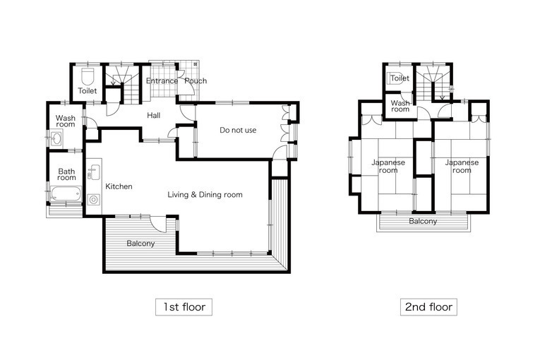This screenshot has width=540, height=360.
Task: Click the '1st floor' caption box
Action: click(184, 307)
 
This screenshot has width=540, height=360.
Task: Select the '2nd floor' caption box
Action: click(428, 307)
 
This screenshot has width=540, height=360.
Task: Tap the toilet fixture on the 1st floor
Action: click(88, 76)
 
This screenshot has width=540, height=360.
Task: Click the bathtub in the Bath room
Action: click(66, 194)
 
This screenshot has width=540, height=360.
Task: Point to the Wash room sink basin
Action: click(56, 139)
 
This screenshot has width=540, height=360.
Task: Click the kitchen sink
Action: click(93, 172)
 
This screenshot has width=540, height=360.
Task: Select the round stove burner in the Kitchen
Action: click(93, 200)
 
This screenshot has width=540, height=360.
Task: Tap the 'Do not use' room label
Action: click(238, 130)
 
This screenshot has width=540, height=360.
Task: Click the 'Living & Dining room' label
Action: click(205, 195)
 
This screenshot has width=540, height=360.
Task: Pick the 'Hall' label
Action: click(154, 115)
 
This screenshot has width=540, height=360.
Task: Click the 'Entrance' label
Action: click(162, 81)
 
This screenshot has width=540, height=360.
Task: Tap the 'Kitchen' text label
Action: click(119, 186)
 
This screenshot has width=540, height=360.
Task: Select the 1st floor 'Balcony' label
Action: click(140, 244)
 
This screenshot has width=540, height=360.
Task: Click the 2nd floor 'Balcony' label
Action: click(423, 221)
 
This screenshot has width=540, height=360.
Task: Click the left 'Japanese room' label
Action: click(388, 167)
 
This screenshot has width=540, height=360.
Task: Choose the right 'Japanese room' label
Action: click(462, 167)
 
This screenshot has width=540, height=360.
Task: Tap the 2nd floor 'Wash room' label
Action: click(400, 106)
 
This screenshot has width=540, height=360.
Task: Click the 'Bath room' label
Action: click(66, 174)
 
